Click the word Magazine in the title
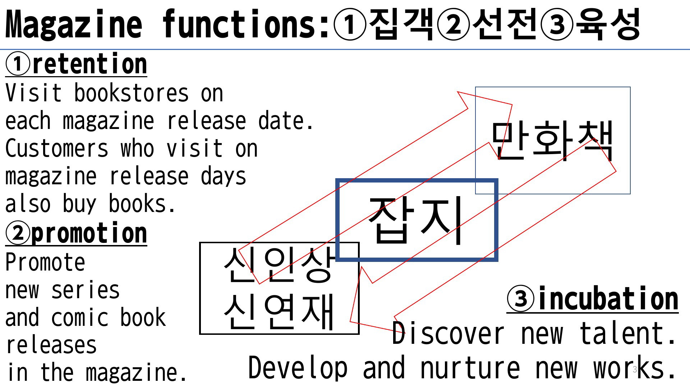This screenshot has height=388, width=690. (x=74, y=24)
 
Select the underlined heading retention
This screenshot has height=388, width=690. (x=89, y=64)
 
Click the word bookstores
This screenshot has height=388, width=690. (x=131, y=93)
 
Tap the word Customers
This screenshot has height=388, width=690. (x=57, y=148)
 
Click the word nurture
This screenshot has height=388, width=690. (x=470, y=368)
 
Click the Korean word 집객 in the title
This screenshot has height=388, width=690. (x=402, y=24)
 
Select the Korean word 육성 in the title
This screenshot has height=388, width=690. (x=607, y=24)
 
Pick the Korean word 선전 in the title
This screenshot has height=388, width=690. (x=505, y=24)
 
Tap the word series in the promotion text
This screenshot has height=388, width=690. (x=86, y=290)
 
